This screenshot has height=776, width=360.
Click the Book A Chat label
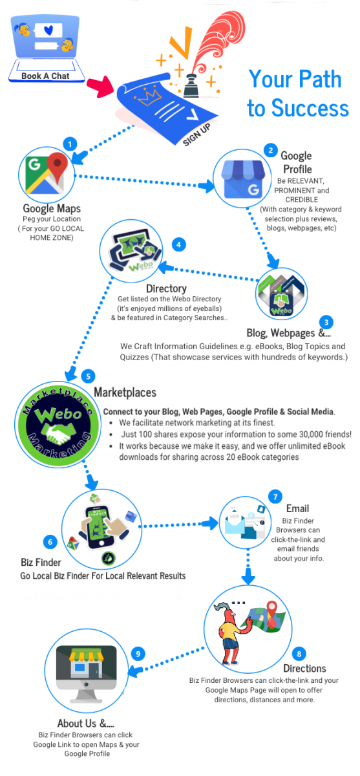pos(45,76)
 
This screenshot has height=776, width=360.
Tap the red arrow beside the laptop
pos(100,87)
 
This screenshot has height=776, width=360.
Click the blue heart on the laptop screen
pos(48,30)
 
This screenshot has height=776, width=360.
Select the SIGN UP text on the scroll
pos(196,135)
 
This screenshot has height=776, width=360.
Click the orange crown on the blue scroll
pos(149,97)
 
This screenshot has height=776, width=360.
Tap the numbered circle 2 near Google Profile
pos(271,150)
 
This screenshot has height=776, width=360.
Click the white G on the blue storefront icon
pos(253,189)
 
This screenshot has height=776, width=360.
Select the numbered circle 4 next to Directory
pos(178,244)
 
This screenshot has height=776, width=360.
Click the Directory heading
pos(166,288)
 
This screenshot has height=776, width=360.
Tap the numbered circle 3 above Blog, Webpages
pos(326,322)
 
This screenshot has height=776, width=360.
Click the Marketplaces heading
pos(125,392)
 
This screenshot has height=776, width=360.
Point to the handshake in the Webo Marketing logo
pos(59,434)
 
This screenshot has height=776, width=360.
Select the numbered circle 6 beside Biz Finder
pos(50,542)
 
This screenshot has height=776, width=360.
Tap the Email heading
pos(297,508)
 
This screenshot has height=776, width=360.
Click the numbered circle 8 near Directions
pos(299,654)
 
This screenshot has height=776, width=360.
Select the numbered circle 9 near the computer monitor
pos(138,654)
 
